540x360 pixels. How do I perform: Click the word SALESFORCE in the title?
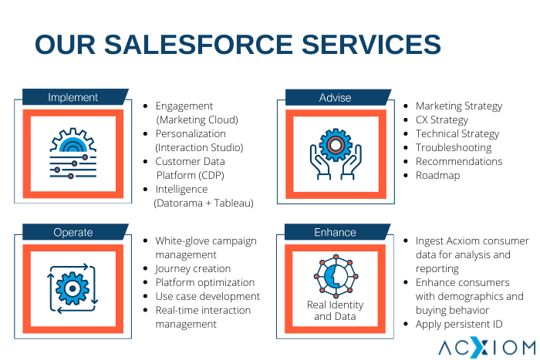coord(198,45)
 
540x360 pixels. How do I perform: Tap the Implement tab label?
coord(73,97)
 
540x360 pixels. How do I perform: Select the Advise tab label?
coord(335,98)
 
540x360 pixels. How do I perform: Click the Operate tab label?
coord(73,232)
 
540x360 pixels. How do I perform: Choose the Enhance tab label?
coord(335,232)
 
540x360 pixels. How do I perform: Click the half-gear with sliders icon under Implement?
coord(73,153)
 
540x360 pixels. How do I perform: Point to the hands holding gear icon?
coord(336,154)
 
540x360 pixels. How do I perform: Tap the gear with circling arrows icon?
coord(73,288)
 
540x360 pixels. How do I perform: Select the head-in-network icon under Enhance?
coord(336,276)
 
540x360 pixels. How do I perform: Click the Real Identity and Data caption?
coord(335,311)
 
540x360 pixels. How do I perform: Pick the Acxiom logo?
coord(487,348)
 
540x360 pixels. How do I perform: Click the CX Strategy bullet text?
coord(442,119)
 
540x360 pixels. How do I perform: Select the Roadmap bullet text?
coord(437,175)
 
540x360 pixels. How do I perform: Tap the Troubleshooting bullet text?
coord(454,148)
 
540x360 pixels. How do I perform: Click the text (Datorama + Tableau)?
coord(204,203)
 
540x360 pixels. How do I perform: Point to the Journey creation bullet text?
coord(193,268)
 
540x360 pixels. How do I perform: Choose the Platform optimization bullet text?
coord(205,282)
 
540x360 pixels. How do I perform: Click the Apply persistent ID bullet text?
coord(459,325)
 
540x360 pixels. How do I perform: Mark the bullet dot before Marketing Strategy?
coord(406,106)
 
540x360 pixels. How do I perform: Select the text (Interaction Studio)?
coord(199,148)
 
